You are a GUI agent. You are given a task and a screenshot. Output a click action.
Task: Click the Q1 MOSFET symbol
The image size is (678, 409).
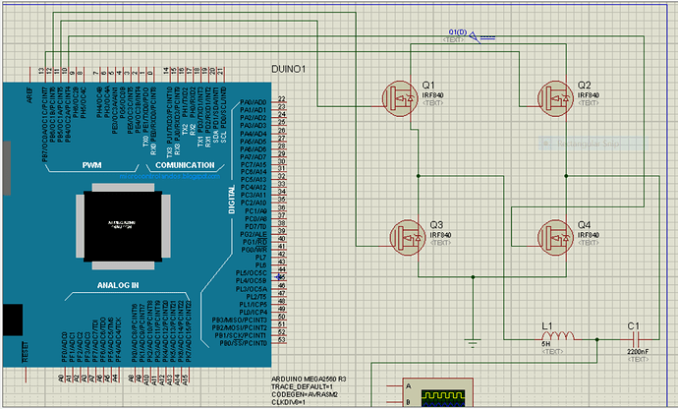pyautogui.click(x=401, y=96)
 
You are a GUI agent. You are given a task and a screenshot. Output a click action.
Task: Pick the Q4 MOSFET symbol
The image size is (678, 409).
pyautogui.click(x=557, y=235)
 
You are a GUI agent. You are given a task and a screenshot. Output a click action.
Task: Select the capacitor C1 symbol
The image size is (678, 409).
pyautogui.click(x=632, y=338)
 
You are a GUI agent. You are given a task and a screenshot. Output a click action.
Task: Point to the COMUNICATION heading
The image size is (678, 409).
pyautogui.click(x=185, y=165)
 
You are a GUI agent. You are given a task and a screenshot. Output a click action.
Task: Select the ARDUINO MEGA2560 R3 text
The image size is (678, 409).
pyautogui.click(x=308, y=379)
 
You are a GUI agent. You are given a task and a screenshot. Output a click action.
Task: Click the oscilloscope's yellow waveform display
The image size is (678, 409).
pyautogui.click(x=441, y=398)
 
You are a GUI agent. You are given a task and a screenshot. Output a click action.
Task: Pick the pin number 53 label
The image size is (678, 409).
pyautogui.click(x=282, y=341)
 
